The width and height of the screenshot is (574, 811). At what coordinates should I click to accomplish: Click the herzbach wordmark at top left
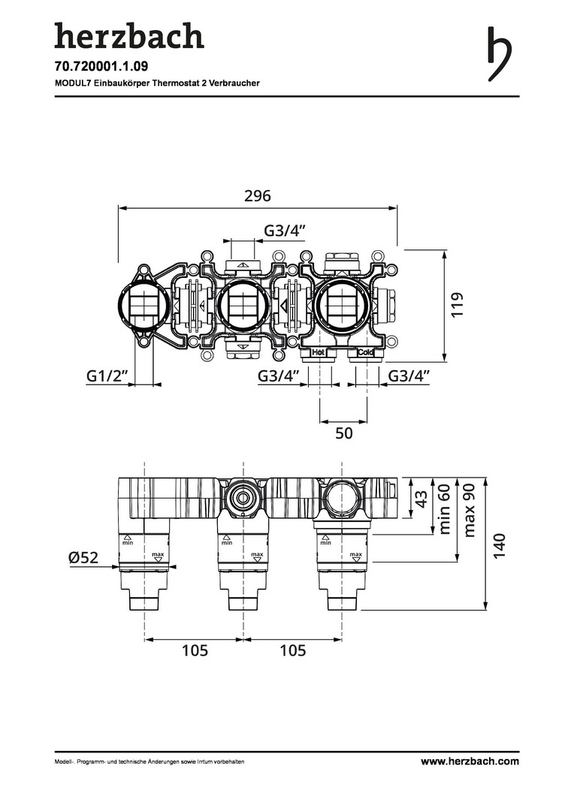(129, 35)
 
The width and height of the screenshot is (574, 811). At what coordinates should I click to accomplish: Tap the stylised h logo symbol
(499, 54)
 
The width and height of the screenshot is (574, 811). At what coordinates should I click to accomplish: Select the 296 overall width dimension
(258, 196)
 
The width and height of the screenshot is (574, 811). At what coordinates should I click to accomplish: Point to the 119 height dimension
(457, 305)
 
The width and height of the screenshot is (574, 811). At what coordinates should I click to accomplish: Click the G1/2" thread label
(107, 376)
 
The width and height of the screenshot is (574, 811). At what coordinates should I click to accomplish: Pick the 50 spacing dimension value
(343, 433)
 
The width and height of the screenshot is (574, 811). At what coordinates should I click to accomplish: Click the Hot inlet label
(318, 352)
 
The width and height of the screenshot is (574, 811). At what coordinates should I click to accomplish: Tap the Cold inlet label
(365, 352)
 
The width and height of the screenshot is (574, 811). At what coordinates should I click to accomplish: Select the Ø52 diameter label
(83, 557)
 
